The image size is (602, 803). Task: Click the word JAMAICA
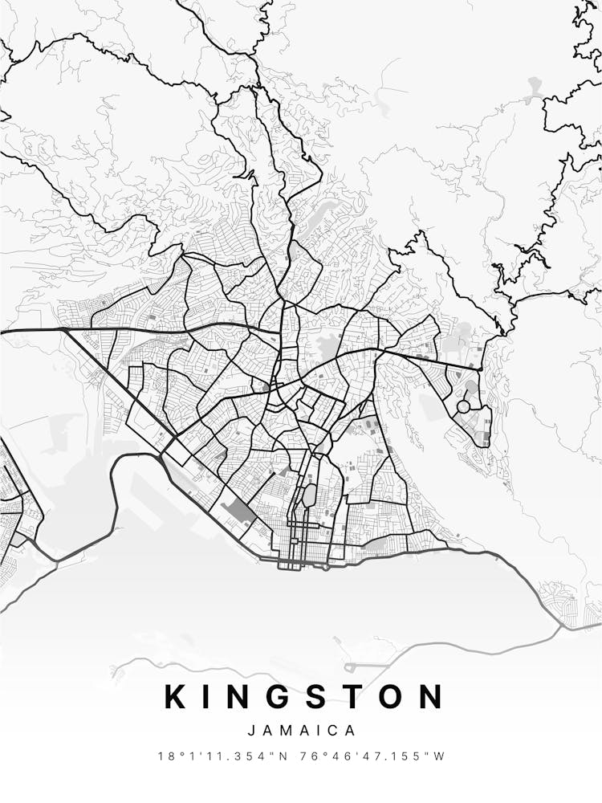click(302, 731)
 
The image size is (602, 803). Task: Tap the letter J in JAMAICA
click(252, 731)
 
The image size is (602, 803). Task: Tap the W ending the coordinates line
click(439, 756)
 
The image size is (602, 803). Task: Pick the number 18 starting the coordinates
click(165, 756)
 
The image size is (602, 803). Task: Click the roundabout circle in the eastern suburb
click(463, 407)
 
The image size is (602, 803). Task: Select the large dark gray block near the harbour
click(239, 512)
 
